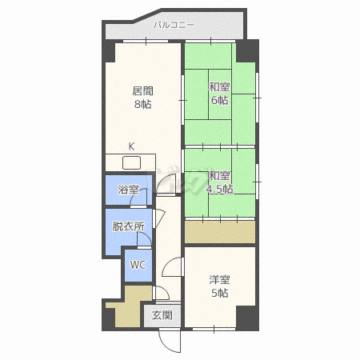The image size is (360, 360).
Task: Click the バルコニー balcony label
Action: coord(174,25)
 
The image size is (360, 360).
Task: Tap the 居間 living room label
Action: coord(142,91)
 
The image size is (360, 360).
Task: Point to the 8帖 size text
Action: coord(142,104)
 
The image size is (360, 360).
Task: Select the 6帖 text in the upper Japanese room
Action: coord(220,100)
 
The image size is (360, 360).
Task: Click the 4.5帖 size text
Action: coord(220,189)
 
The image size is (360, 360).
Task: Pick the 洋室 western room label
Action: coord(219,280)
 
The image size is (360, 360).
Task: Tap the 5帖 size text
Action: coord(220,293)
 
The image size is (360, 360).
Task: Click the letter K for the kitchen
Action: coord(131,146)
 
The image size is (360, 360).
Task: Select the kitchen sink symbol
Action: coord(131,162)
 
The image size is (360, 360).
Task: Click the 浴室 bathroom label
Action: coord(128,190)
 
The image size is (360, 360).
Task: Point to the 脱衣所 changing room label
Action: coord(128,226)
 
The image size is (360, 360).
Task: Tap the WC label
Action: coord(138,265)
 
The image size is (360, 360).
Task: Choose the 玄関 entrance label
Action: coord(162,315)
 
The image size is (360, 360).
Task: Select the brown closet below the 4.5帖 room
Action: coord(220,232)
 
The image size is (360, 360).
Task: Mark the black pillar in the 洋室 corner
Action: coord(247,318)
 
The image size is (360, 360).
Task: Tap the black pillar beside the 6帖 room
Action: coord(247,51)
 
